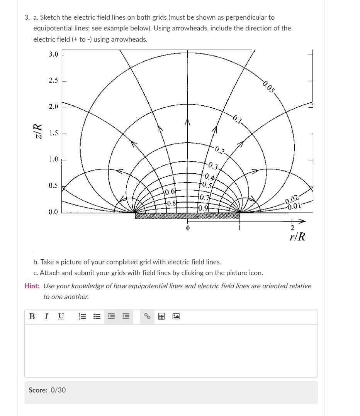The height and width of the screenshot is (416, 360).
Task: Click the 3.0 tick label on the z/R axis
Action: tap(53, 54)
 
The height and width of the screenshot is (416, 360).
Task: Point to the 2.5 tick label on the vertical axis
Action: tap(53, 80)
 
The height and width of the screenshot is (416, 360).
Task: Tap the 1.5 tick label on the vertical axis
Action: tap(53, 133)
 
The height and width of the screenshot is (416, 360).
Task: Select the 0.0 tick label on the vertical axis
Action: tap(53, 212)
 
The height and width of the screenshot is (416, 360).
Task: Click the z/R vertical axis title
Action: tap(37, 131)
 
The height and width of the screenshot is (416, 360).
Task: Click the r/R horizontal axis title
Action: tap(297, 237)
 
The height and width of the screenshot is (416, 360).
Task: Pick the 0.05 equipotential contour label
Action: tap(269, 87)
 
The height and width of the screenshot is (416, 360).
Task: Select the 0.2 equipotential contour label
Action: tap(220, 149)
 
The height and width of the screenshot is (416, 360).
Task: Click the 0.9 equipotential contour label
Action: tap(203, 208)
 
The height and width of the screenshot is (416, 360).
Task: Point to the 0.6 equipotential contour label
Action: tap(170, 192)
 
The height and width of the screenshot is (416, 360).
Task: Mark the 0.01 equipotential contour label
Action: tap(294, 206)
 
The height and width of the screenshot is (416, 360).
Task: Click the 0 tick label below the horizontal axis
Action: tap(188, 228)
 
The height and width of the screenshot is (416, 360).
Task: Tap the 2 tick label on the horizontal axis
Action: tap(292, 228)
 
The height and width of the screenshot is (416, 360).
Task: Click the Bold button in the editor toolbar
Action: tap(32, 316)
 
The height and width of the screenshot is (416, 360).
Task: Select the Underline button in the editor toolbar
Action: tap(61, 316)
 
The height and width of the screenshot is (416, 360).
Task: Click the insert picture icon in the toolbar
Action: tap(176, 316)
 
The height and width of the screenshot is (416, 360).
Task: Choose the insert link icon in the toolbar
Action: tap(147, 316)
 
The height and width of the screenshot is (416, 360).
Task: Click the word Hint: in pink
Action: tap(32, 286)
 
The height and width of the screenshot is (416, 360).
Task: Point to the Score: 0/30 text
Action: tap(47, 390)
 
